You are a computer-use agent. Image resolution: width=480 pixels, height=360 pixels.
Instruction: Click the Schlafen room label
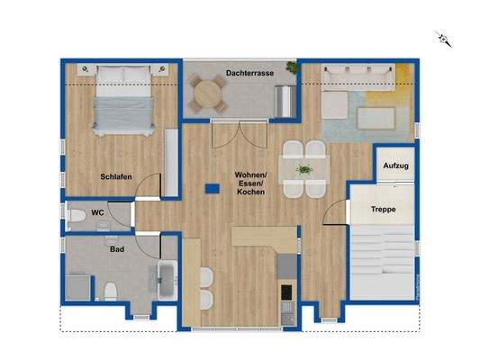pos(117,176)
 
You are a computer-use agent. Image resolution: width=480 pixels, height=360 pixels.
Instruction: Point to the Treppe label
pos(385,210)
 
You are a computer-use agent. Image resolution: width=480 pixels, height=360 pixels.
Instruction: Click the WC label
pos(98,213)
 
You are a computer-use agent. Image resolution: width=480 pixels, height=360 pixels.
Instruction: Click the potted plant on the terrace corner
pos(290,67)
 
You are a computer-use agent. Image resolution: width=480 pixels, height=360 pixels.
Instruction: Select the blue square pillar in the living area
pos(211,188)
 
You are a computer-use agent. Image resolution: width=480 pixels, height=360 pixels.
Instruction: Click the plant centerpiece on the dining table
pos(304,168)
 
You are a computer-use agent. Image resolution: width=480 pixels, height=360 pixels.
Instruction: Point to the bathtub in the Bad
pos(168,283)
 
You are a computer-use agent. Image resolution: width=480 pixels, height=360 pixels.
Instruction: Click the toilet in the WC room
pos(78,216)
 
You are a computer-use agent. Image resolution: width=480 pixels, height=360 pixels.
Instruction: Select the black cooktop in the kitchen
pos(286,292)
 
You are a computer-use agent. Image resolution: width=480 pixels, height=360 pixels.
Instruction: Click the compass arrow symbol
pos(441,38)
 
